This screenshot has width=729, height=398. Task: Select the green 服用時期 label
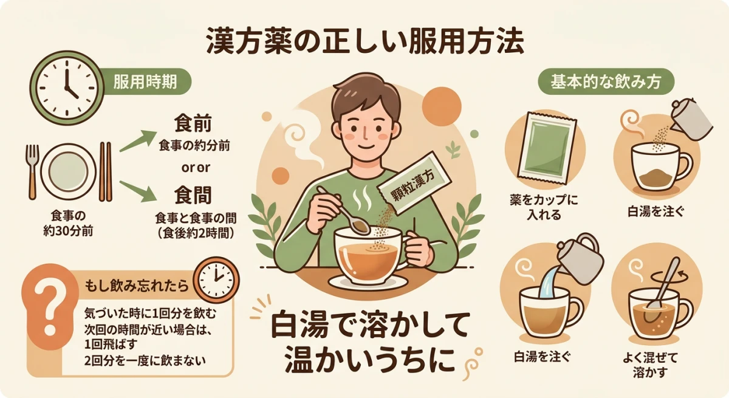click(145, 82)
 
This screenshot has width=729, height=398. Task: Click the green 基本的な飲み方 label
click(607, 82)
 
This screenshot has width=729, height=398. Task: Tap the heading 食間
click(193, 196)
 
